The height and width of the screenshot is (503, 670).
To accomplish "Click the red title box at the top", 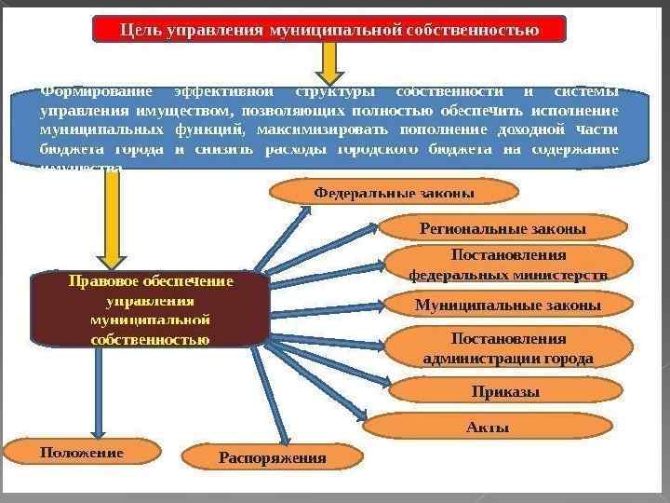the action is [329, 29].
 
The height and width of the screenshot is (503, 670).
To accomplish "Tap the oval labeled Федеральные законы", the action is [394, 192].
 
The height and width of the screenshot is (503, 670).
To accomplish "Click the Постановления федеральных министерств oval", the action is [509, 265].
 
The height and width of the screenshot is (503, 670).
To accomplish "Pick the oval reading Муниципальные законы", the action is [507, 305].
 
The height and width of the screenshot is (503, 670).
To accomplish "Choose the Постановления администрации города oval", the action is [507, 347].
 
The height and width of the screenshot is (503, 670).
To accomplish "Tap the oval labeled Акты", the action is [487, 427].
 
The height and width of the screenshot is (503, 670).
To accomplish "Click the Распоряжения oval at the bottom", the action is [272, 457].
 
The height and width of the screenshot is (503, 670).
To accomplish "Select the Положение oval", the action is [81, 452].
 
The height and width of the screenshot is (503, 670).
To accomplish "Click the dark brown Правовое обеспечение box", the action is [150, 309].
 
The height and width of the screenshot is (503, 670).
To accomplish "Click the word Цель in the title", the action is [140, 30].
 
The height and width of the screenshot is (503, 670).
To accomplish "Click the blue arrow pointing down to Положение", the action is [97, 391].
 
